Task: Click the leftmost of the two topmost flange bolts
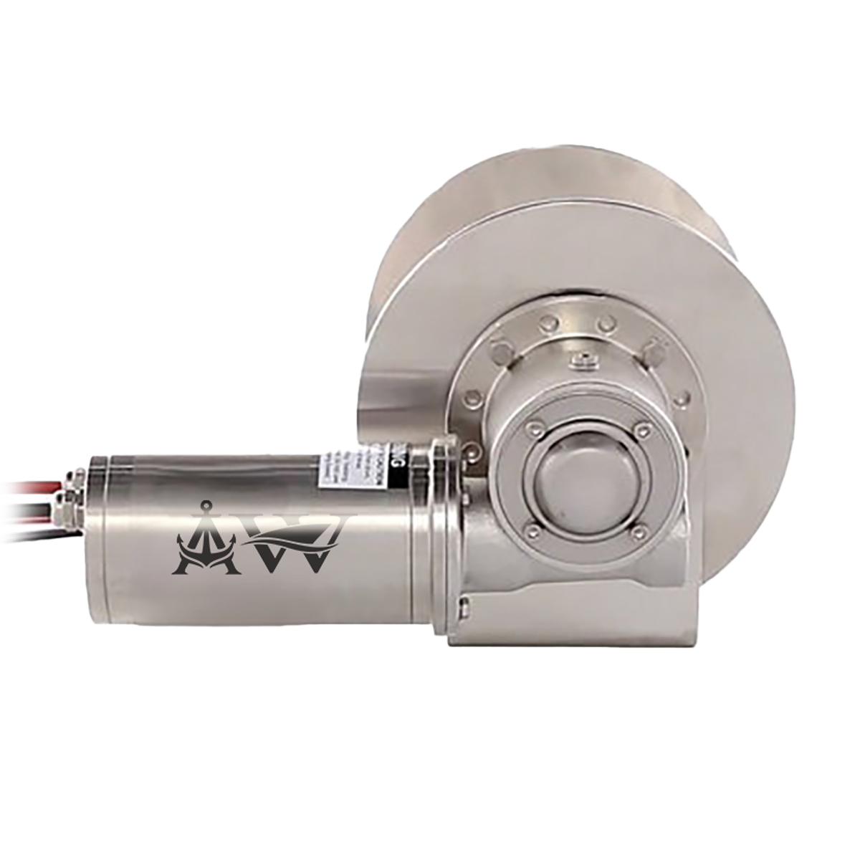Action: [x=550, y=321]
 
